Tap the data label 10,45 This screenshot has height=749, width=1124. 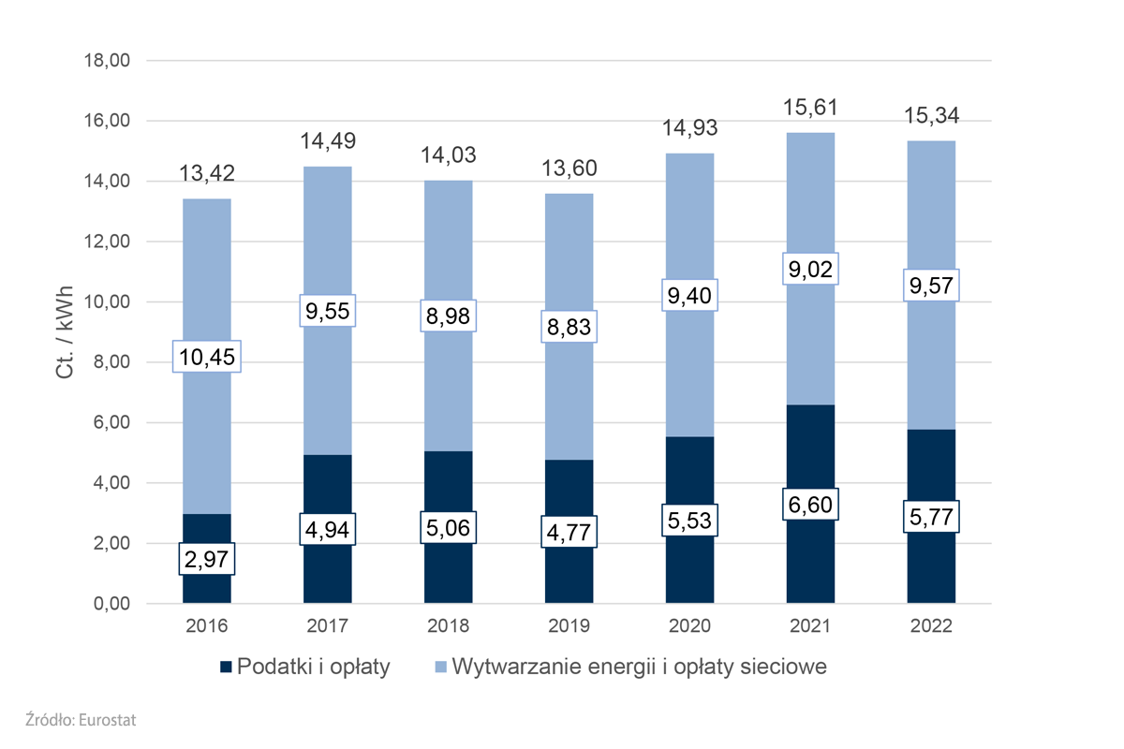point(207,357)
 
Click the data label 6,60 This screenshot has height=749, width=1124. point(810,505)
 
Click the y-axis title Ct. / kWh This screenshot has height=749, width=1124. point(65,331)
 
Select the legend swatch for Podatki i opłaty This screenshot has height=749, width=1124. point(226,668)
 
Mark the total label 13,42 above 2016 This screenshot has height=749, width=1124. point(207,175)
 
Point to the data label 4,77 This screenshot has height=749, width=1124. point(569,532)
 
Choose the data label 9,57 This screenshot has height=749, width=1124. point(931,285)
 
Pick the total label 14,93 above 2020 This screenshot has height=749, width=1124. point(689,129)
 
